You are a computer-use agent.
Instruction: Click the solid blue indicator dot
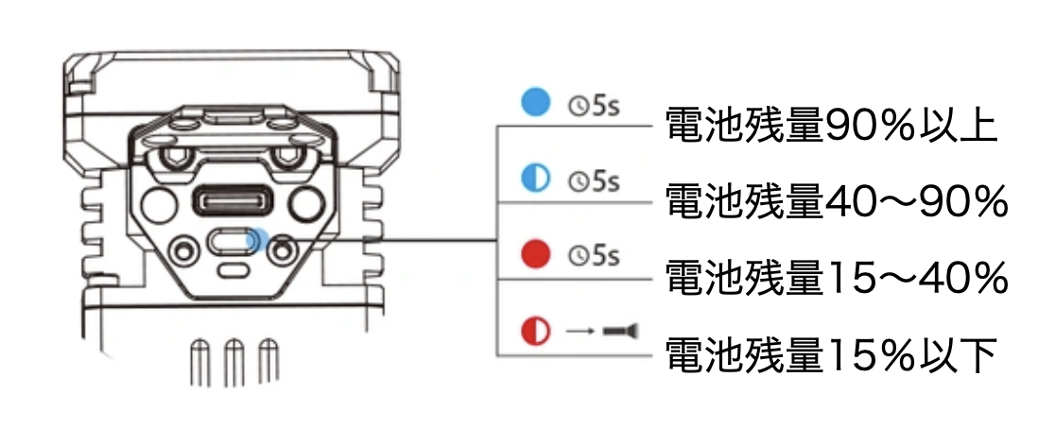coord(536,102)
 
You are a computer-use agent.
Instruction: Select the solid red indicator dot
coord(536,254)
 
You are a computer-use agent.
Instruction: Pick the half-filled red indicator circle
coord(536,331)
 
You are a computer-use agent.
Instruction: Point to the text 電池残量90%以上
coord(831,127)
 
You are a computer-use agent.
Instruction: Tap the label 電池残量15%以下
coord(831,355)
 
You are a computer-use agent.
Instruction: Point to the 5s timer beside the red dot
coord(594,255)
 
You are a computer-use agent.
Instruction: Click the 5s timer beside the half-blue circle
coord(594,180)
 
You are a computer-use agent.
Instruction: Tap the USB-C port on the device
coord(233,200)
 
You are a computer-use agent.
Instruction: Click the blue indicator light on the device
coord(254,241)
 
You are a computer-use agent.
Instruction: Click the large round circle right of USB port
coord(307,200)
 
